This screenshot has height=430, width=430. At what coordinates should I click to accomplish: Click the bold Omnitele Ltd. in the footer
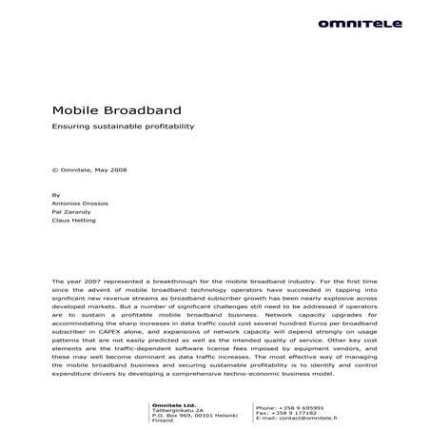[x=173, y=406]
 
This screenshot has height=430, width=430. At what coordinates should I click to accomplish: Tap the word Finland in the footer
[x=163, y=423]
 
